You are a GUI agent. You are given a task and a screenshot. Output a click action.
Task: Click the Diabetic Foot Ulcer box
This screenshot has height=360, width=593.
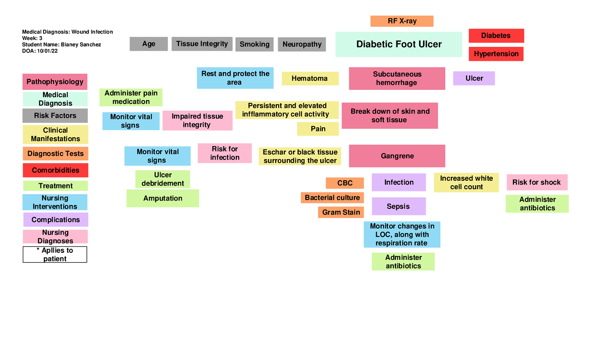point(398,44)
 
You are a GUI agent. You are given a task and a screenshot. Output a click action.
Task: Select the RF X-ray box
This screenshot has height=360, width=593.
point(402,21)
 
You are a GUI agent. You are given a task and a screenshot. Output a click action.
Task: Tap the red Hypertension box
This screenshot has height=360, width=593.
point(496,54)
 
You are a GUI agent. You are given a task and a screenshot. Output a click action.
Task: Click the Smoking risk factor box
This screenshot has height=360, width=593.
point(254,44)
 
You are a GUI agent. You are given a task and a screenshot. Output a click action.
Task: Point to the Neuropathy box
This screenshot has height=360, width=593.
point(302,44)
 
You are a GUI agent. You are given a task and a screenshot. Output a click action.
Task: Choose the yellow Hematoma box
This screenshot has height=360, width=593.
point(310,79)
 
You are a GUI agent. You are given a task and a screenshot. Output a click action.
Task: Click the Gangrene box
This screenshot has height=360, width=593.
point(397,156)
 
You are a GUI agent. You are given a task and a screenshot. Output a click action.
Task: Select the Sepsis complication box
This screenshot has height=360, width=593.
point(398,206)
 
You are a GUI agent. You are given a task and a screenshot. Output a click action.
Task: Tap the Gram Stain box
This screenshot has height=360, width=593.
point(341,212)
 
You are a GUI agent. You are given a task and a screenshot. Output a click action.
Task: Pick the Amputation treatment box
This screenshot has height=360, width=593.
point(163,198)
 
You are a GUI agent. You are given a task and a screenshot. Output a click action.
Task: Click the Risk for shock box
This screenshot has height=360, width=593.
point(536,182)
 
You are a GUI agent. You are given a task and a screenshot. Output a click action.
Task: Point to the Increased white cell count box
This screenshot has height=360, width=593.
point(466,182)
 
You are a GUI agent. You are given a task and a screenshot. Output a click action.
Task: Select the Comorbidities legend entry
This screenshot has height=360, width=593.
point(55,170)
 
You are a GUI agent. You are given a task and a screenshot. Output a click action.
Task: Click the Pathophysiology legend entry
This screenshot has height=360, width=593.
point(55,82)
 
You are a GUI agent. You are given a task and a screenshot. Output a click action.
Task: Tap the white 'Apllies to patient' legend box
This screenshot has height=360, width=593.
point(55,254)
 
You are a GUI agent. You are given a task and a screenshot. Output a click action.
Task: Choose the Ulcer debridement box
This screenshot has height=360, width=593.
point(163,179)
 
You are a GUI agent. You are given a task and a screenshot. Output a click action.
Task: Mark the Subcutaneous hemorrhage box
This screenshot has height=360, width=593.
point(397,79)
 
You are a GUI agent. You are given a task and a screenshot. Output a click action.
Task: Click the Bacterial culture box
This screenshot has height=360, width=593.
point(332,198)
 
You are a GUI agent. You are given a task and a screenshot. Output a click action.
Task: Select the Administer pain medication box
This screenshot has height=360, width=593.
point(131,97)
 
